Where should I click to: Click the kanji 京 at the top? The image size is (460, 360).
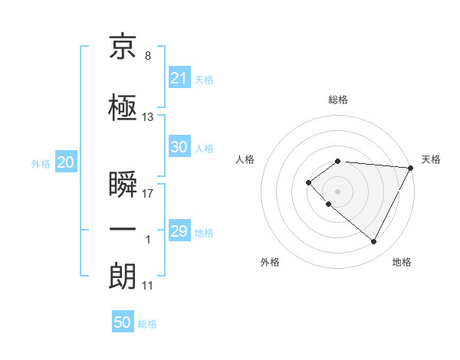pos(123,49)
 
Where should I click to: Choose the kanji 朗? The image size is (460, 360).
pos(123,277)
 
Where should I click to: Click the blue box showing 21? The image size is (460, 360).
pos(179,78)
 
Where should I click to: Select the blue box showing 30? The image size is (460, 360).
pos(179,148)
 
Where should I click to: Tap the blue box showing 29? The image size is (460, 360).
pos(179,231)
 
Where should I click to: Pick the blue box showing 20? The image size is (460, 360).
pos(65,162)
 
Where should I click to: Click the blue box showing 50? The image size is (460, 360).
pos(122,322)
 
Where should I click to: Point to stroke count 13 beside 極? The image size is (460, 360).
pos(148,117)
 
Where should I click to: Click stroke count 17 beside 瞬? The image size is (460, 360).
pos(148,193)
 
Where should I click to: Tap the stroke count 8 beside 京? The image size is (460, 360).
pos(147,55)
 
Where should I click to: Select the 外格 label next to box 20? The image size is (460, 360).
pos(41,163)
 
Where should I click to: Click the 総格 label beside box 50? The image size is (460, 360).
pos(147,324)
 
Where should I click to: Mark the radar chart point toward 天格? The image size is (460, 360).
pos(410,168)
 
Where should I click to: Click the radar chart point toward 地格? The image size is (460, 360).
pos(373,241)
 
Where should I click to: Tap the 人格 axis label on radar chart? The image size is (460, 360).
pos(245,159)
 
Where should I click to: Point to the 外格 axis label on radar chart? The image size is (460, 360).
pos(270,262)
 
